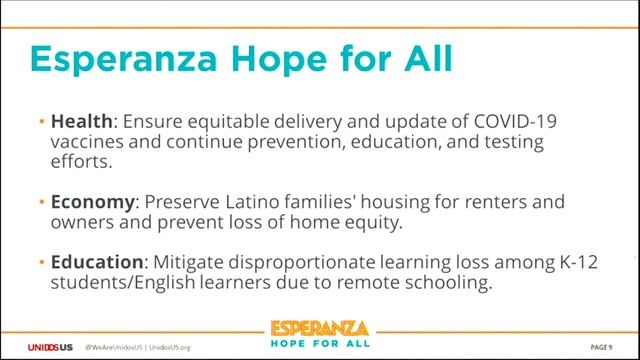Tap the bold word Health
(82, 121)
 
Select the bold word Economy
(93, 202)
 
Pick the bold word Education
(98, 262)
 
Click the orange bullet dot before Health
(41, 122)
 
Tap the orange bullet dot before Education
(41, 263)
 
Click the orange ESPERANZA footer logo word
(320, 329)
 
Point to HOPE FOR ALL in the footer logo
(320, 345)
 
